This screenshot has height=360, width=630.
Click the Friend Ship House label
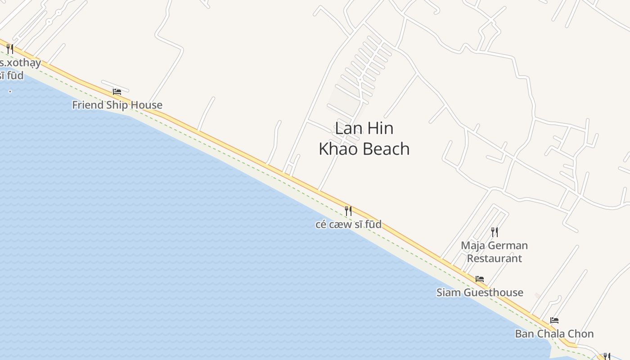[x=117, y=105]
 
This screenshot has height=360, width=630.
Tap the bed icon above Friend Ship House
[x=117, y=92]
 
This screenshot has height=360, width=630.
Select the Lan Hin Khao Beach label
[x=364, y=139]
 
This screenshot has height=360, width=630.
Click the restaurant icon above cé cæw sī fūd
[x=348, y=211]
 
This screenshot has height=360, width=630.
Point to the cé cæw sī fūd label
[x=348, y=224]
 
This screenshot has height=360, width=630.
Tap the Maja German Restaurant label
[x=494, y=252]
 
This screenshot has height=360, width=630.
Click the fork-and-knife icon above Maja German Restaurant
[x=495, y=232]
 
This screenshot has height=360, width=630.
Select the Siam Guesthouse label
[x=480, y=292]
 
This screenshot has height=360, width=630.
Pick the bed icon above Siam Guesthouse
[x=480, y=279]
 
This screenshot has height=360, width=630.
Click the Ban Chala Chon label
[x=554, y=334]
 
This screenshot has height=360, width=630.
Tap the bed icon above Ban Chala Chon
[x=554, y=320]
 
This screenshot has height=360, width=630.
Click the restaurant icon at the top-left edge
[x=10, y=49]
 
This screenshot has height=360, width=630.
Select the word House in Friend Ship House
[x=145, y=105]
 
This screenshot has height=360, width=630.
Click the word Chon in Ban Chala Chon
[x=581, y=334]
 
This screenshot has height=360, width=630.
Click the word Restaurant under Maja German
[x=494, y=258]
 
